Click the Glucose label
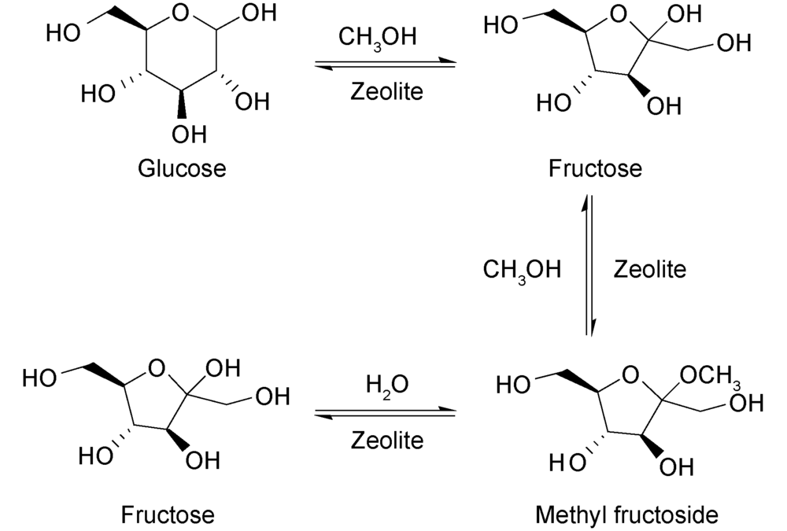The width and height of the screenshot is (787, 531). pyautogui.click(x=182, y=168)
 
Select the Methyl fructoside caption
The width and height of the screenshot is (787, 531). pyautogui.click(x=626, y=515)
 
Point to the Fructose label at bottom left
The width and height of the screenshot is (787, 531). pyautogui.click(x=167, y=515)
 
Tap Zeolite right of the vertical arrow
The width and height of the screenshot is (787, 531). pyautogui.click(x=649, y=270)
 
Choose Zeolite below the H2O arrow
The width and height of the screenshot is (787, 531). pyautogui.click(x=386, y=439)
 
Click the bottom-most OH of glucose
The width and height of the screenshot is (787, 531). pyautogui.click(x=189, y=135)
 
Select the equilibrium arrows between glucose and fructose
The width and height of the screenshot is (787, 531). pyautogui.click(x=385, y=64)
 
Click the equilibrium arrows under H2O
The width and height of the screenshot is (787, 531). pyautogui.click(x=385, y=411)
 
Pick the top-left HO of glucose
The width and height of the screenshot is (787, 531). pyautogui.click(x=62, y=33)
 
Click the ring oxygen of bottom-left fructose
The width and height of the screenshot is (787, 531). pyautogui.click(x=157, y=366)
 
